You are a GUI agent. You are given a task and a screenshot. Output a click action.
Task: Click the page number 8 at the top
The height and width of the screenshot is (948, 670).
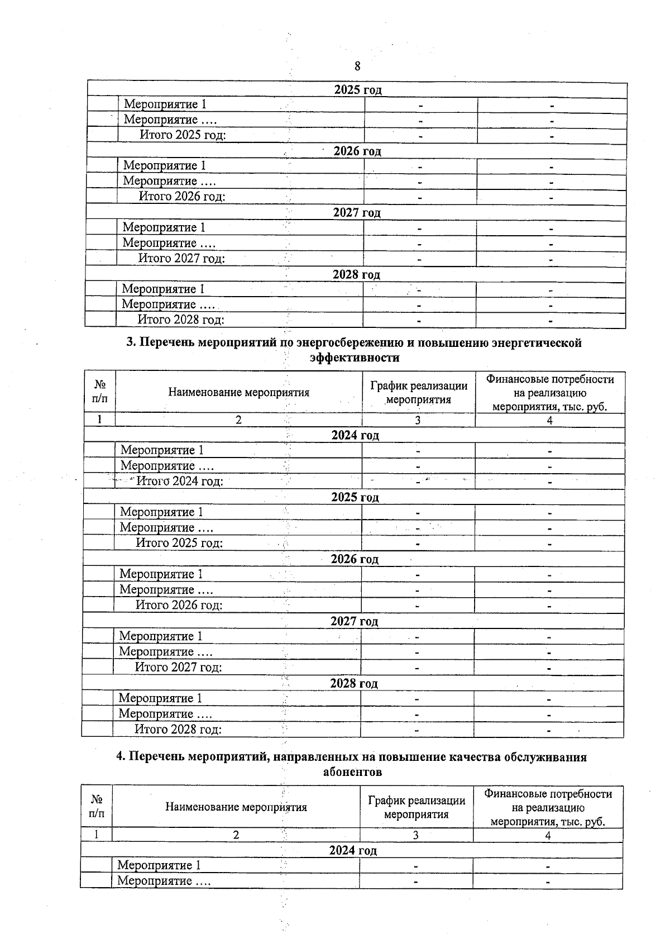click(357, 66)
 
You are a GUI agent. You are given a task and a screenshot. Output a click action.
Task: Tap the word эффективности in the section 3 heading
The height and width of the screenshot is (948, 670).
click(355, 358)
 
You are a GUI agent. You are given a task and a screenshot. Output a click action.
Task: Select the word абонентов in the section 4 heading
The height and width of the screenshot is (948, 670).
click(353, 772)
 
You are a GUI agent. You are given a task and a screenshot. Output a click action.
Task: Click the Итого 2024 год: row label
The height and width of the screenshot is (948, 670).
click(180, 481)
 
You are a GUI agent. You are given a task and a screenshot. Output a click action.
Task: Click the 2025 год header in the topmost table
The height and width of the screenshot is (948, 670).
click(357, 90)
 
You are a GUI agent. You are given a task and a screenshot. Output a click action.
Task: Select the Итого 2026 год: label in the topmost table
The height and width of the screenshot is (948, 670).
click(182, 196)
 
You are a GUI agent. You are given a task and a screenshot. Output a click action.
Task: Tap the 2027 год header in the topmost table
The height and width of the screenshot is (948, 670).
click(357, 213)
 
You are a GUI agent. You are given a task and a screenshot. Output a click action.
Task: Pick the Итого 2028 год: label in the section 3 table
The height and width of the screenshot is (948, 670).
click(178, 729)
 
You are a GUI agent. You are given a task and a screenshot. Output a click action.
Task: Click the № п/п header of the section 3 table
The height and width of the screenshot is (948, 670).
click(100, 392)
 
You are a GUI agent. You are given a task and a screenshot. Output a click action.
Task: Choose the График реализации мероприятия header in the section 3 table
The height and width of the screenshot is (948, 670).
click(418, 392)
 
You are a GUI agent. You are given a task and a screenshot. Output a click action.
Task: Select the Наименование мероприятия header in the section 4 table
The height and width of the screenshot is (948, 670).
click(236, 807)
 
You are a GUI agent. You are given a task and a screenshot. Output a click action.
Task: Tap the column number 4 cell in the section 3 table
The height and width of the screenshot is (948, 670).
click(549, 420)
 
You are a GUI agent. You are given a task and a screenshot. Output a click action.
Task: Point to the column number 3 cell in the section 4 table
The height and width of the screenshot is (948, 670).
click(415, 835)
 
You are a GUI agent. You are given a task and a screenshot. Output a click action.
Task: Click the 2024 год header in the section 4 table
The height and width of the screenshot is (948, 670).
click(353, 850)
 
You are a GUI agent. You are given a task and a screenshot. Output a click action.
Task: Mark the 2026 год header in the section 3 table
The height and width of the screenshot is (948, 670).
click(355, 559)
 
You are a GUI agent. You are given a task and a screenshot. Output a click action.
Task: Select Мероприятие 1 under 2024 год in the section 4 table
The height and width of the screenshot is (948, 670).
click(159, 865)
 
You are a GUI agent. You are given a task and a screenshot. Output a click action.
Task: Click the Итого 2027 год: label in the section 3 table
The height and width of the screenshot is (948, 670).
click(179, 667)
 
